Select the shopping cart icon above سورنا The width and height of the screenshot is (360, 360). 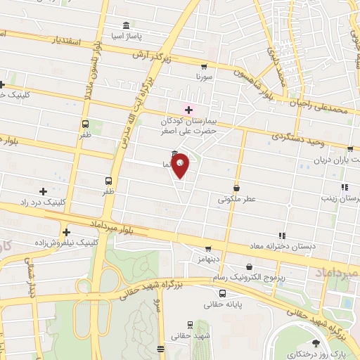202,61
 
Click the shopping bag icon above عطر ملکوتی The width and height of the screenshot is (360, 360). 236,188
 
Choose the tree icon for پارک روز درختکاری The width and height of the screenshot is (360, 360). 314,342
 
